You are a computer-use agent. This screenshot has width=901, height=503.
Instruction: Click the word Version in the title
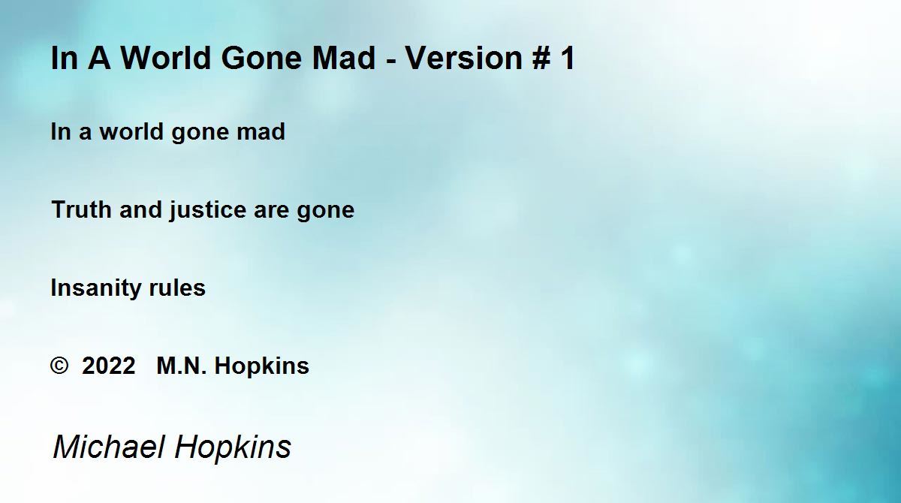tap(463, 58)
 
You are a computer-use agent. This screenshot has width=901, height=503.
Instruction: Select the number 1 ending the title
tap(568, 58)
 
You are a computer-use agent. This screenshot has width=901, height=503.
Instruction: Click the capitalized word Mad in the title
tap(344, 58)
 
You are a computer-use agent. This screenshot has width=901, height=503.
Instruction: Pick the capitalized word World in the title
tap(165, 58)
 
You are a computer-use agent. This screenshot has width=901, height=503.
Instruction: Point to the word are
tap(271, 212)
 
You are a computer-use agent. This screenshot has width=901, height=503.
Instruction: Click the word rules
tap(177, 288)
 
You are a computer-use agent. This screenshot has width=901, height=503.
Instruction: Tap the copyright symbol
tap(59, 366)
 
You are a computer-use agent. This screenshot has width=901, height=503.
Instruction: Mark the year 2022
tap(108, 366)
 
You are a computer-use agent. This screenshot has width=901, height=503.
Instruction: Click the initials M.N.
tap(182, 366)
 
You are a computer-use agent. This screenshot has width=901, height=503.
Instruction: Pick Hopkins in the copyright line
tap(261, 366)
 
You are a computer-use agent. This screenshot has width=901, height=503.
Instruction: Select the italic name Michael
tap(109, 447)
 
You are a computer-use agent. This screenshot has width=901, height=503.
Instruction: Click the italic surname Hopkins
tap(233, 448)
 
